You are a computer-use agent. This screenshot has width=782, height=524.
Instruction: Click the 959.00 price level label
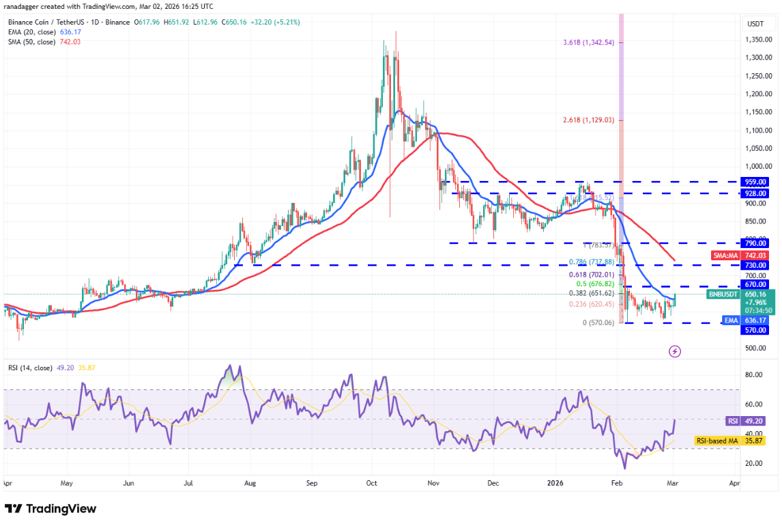(755, 182)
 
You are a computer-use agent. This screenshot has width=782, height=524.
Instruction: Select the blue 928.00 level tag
(755, 193)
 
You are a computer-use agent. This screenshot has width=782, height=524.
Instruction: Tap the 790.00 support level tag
(755, 243)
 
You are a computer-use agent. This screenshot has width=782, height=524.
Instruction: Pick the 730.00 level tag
(755, 265)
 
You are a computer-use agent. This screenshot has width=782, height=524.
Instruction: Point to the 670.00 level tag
(755, 284)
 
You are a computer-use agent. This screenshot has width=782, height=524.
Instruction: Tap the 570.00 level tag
(755, 330)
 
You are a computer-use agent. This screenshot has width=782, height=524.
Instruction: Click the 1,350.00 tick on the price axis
(757, 40)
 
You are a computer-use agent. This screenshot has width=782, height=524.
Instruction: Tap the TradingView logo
(51, 509)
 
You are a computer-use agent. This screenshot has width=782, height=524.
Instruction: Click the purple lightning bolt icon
(675, 351)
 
